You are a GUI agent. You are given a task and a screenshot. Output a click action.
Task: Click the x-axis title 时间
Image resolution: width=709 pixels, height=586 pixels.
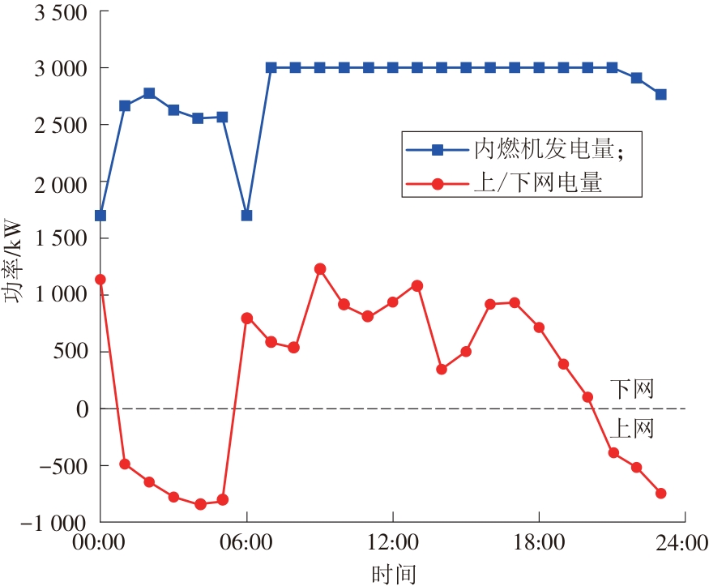[393, 573]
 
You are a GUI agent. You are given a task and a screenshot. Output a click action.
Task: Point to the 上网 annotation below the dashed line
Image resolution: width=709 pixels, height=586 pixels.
[632, 428]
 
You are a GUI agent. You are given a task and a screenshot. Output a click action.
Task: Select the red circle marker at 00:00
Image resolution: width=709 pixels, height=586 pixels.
[100, 280]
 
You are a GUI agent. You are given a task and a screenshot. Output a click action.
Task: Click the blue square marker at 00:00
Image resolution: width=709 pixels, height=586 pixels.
[100, 216]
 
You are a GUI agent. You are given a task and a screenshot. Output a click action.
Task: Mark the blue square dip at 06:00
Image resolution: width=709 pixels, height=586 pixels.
[246, 216]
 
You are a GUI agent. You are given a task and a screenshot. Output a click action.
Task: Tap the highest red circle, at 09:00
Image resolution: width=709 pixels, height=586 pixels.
[320, 268]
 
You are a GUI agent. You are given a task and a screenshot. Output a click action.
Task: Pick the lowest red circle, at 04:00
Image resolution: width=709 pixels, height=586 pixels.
[200, 504]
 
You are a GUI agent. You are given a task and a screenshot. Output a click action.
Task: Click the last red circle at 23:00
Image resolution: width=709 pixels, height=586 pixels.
[660, 493]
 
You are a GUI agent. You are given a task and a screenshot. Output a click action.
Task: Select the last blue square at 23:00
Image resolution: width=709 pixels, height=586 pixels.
[660, 95]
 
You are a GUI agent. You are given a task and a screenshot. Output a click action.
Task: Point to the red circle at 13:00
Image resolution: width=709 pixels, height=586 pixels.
[417, 285]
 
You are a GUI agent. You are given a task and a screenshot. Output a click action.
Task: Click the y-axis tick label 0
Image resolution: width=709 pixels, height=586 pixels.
[81, 408]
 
